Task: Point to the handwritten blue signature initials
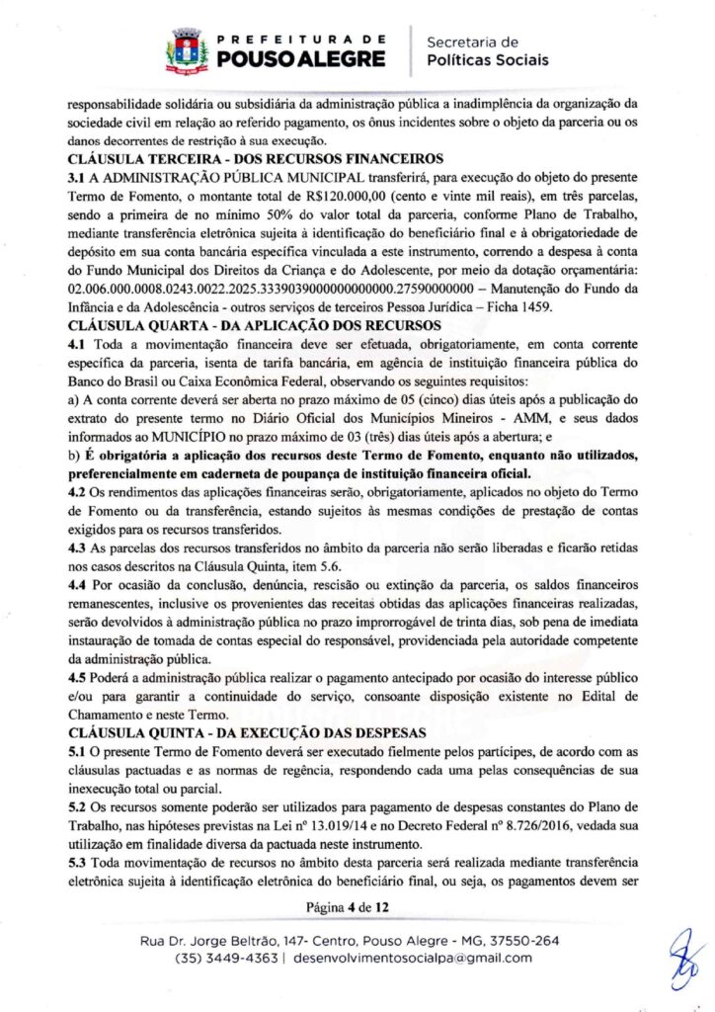[x=683, y=958]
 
